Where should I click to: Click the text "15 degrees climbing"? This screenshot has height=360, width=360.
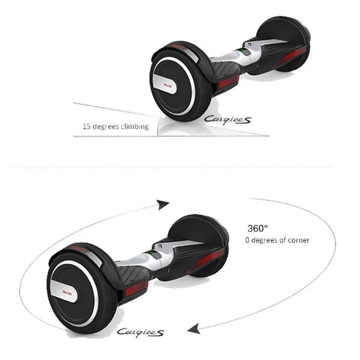coord(115,126)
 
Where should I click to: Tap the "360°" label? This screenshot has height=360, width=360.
coord(257,228)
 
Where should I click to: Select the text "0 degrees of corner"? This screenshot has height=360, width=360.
coord(277,240)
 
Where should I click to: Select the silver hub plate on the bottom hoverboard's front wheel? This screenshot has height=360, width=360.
coord(69,285)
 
